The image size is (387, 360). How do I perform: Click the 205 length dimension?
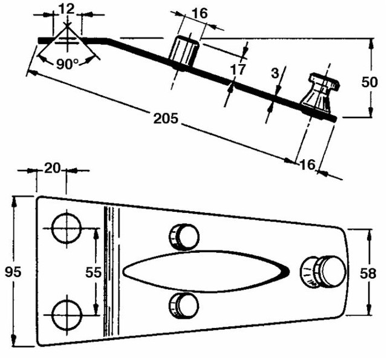click(166, 119)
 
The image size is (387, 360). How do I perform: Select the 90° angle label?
click(68, 64)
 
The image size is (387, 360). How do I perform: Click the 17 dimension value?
click(238, 69)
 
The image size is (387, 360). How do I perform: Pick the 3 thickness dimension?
click(275, 73)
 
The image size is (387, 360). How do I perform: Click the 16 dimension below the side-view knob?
click(308, 163)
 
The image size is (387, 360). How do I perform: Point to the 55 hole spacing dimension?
click(93, 272)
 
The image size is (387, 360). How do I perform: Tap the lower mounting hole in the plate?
click(66, 315)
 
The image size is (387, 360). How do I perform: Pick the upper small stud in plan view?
click(184, 235)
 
